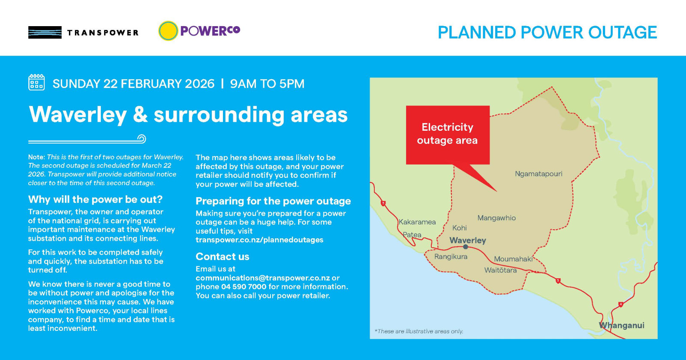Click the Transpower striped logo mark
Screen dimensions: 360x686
(x=45, y=33)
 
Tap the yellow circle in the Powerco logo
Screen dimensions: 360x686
(x=168, y=31)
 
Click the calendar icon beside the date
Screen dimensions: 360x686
(x=36, y=82)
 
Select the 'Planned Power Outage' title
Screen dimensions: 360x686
(x=547, y=33)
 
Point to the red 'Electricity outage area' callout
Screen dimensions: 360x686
(x=448, y=134)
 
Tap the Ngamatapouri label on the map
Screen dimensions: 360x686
(x=539, y=174)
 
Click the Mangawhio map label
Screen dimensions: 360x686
(x=496, y=218)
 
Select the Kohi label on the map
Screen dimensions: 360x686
(x=460, y=228)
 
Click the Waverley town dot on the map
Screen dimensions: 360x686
(x=466, y=247)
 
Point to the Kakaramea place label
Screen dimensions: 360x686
(x=417, y=222)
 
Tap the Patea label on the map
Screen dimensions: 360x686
(x=412, y=235)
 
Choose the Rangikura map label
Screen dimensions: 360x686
(x=451, y=257)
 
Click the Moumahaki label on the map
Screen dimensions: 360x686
(x=513, y=259)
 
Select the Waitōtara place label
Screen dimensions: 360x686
(x=500, y=270)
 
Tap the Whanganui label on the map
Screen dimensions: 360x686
(x=622, y=325)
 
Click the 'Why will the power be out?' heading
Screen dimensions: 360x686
(x=95, y=199)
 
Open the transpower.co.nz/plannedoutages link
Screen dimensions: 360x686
(x=259, y=240)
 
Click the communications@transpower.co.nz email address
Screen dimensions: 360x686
(x=263, y=278)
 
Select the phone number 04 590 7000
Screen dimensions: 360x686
(x=244, y=287)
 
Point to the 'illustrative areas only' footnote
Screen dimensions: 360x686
(x=419, y=331)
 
